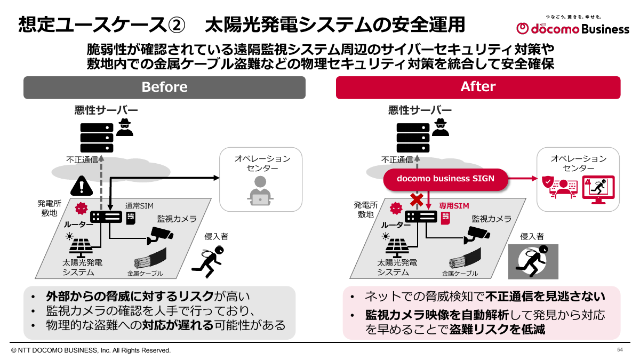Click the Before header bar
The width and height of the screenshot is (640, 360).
[164, 87]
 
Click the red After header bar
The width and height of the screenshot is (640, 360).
[478, 87]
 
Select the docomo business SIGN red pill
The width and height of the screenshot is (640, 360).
[445, 179]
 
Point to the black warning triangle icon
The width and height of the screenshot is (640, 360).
[81, 186]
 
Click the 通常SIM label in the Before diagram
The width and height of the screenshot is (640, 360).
[140, 205]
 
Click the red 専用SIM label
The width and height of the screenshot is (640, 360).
[454, 205]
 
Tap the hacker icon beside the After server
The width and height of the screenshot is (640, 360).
[440, 127]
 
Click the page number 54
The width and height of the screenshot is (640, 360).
[620, 350]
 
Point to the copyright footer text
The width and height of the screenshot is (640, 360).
[91, 350]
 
